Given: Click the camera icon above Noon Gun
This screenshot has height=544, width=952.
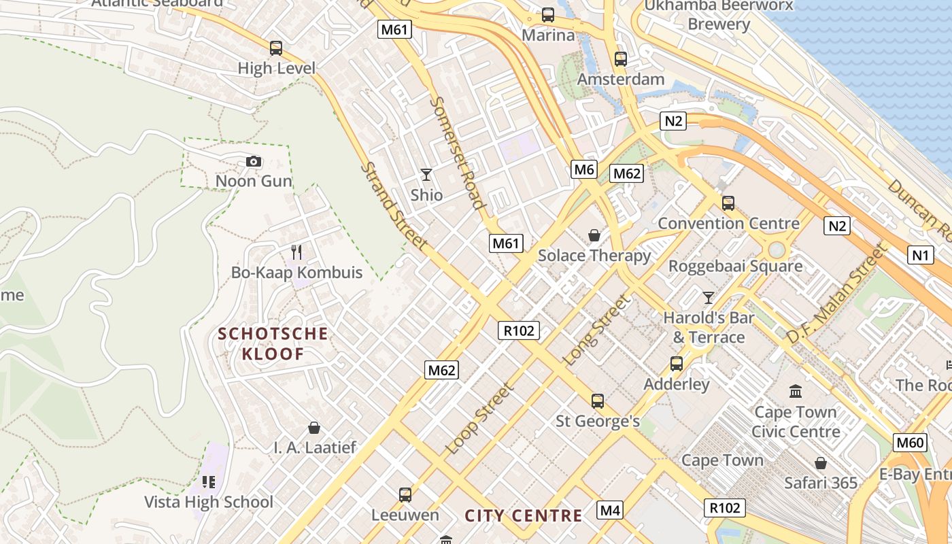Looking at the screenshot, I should [254, 161].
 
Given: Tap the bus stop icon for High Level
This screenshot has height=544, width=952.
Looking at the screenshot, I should [275, 48].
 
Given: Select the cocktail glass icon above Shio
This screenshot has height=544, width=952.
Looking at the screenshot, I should [426, 175].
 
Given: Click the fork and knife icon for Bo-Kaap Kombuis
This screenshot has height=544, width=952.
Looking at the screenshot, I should [296, 252].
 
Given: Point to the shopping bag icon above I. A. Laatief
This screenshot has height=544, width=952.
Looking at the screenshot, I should [314, 428].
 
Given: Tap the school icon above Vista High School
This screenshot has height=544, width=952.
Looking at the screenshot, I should [208, 482].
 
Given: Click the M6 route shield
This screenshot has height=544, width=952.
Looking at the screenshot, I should [584, 169].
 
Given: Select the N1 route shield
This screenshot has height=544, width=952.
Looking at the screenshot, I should [920, 255].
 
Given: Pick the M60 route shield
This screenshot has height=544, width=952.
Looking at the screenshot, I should [910, 443].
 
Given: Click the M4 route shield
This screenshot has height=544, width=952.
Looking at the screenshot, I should [610, 509].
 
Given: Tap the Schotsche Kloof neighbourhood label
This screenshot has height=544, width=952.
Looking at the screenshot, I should [273, 343].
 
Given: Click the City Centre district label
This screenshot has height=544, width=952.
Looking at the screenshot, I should [524, 515].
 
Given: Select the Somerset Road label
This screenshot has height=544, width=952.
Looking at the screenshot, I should [458, 152].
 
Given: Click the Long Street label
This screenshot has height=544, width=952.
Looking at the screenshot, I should [597, 330].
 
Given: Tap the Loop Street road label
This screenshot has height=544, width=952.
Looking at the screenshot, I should [479, 420].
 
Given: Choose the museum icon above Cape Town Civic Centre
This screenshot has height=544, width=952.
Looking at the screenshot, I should [796, 391].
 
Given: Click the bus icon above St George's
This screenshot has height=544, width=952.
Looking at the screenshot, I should [598, 401].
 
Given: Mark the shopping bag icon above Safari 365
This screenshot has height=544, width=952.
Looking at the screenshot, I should [821, 463].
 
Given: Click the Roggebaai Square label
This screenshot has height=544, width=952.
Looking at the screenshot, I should [735, 266].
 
